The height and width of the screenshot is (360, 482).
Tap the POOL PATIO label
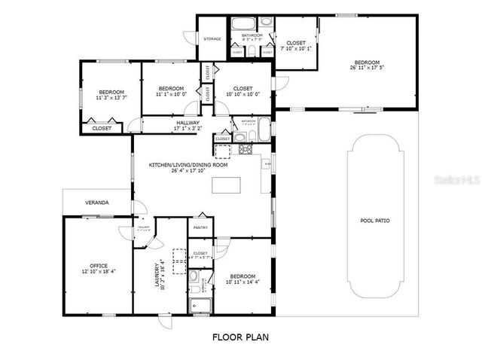[x=375, y=221]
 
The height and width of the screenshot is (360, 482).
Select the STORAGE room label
[x=212, y=38]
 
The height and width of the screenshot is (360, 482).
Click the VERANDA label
[x=96, y=203]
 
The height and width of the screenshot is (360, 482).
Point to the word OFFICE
[x=99, y=265]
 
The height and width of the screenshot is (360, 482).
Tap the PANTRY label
[x=200, y=227]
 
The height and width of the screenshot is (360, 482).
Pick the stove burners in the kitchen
[x=246, y=148]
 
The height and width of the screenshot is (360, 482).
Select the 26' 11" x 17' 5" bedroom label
[x=367, y=66]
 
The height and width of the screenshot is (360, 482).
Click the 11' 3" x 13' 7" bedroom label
[x=111, y=94]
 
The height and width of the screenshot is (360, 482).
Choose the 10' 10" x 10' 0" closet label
[x=243, y=91]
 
